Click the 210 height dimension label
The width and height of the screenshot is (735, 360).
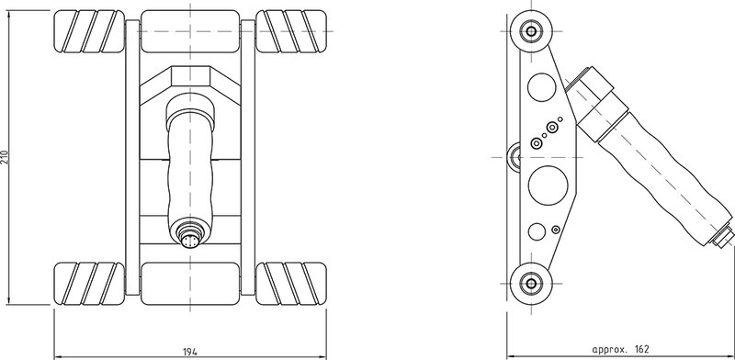[x=6, y=157]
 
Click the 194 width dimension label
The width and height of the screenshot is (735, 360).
[x=190, y=351]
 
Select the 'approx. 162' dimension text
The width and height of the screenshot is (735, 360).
[x=620, y=349]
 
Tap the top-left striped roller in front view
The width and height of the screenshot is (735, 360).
[x=89, y=31]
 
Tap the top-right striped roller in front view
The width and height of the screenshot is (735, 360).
[x=291, y=31]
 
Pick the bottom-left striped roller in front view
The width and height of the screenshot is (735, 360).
[x=89, y=284]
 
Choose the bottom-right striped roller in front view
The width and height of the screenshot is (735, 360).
[x=291, y=284]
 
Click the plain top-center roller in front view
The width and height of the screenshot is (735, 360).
[x=190, y=31]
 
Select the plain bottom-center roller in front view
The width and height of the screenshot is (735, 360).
[x=190, y=284]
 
